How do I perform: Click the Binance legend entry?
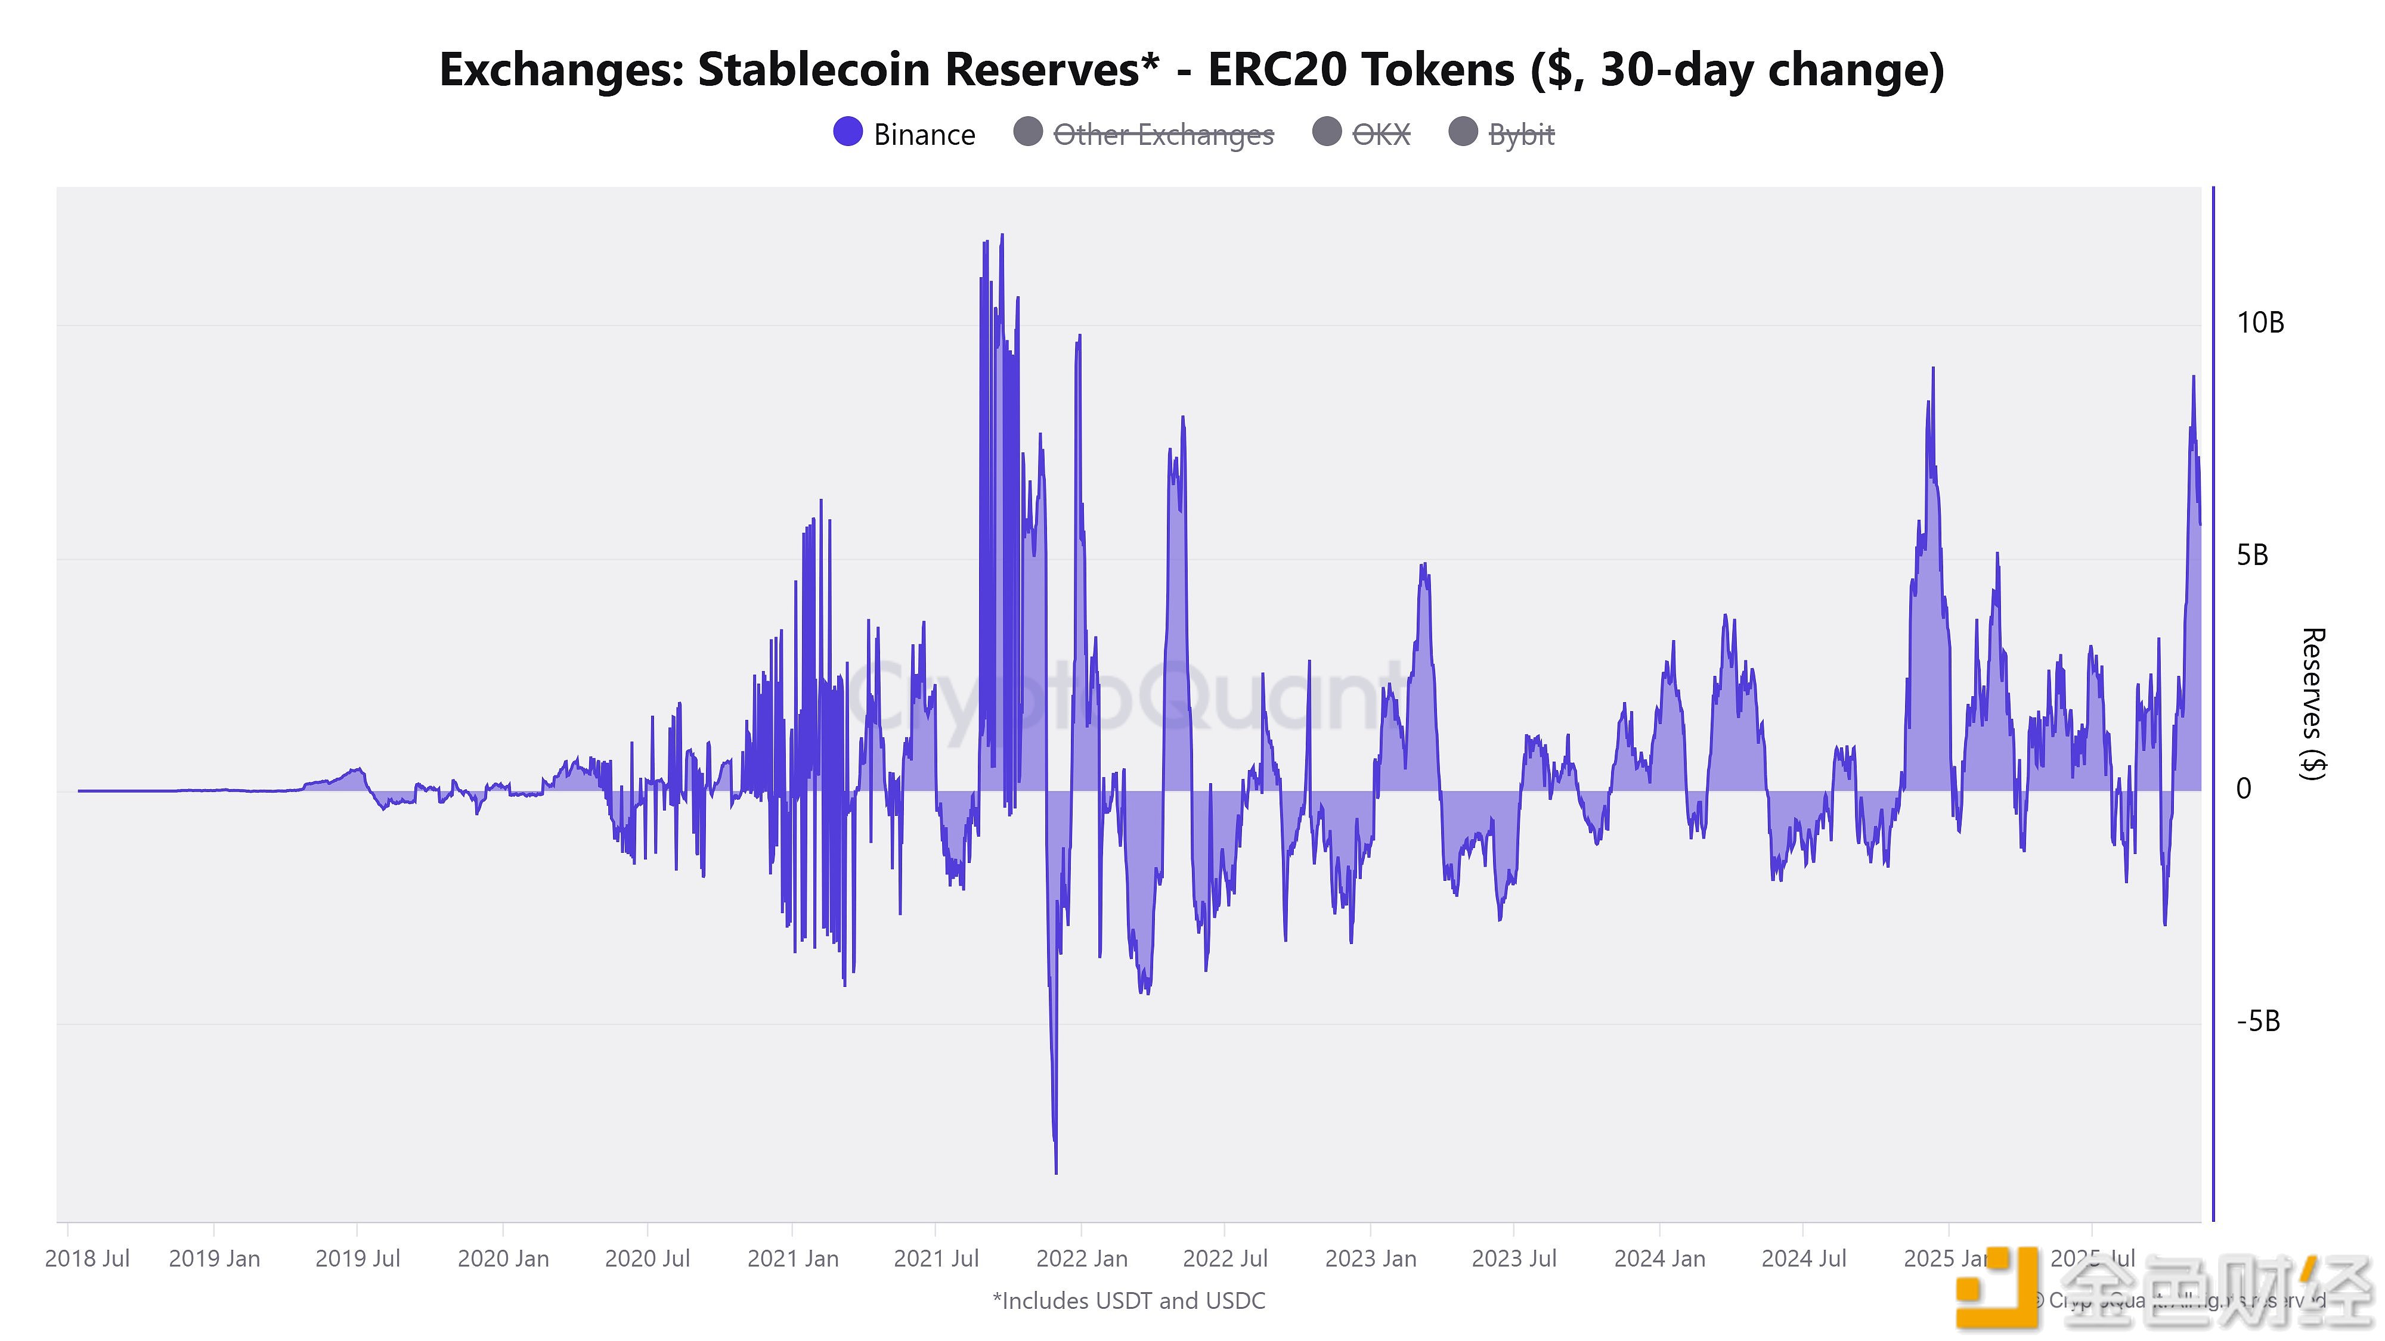click(905, 134)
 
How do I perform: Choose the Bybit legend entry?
click(1502, 134)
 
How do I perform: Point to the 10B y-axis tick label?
click(2260, 323)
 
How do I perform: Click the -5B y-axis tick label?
click(2257, 1022)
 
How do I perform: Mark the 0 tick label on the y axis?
click(2243, 789)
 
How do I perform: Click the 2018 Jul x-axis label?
click(87, 1259)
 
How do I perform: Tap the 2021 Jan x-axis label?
click(792, 1259)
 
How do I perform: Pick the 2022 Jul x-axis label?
click(1225, 1259)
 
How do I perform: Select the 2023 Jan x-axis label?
click(1370, 1259)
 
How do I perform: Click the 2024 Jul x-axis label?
click(1804, 1259)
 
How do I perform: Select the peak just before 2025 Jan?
click(1933, 370)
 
